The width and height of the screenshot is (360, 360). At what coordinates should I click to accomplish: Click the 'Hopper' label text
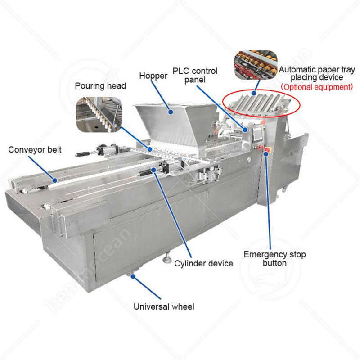(x=153, y=76)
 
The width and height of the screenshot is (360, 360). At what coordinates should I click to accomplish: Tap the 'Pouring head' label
(x=100, y=86)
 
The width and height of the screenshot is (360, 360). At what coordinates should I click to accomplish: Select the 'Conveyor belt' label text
(x=35, y=150)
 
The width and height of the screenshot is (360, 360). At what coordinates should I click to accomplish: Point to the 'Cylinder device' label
(x=204, y=263)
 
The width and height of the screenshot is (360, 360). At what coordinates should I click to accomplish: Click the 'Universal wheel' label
(x=164, y=306)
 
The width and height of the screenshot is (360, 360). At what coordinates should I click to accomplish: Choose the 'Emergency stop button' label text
(x=274, y=259)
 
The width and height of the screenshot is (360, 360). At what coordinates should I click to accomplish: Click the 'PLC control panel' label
(x=195, y=75)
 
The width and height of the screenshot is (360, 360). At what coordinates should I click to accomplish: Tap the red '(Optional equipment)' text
(x=317, y=87)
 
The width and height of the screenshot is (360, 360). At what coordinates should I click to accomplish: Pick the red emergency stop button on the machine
(x=267, y=150)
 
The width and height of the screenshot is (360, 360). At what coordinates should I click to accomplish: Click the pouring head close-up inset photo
(x=99, y=115)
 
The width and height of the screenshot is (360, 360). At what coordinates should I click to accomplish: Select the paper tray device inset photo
(x=256, y=65)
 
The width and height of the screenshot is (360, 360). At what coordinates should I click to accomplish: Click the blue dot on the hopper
(x=171, y=112)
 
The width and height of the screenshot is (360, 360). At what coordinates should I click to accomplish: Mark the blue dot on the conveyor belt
(x=54, y=180)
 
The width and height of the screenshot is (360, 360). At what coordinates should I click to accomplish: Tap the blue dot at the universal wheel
(x=133, y=276)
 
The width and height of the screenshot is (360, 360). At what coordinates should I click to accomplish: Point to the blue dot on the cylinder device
(x=153, y=170)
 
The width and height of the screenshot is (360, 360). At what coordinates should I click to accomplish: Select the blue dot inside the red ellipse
(x=254, y=93)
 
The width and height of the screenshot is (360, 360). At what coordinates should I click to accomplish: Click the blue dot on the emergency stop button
(x=266, y=154)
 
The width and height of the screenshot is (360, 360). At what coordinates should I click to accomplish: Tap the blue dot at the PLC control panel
(x=245, y=130)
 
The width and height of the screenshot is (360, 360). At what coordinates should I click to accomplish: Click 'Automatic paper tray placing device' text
(x=317, y=73)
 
